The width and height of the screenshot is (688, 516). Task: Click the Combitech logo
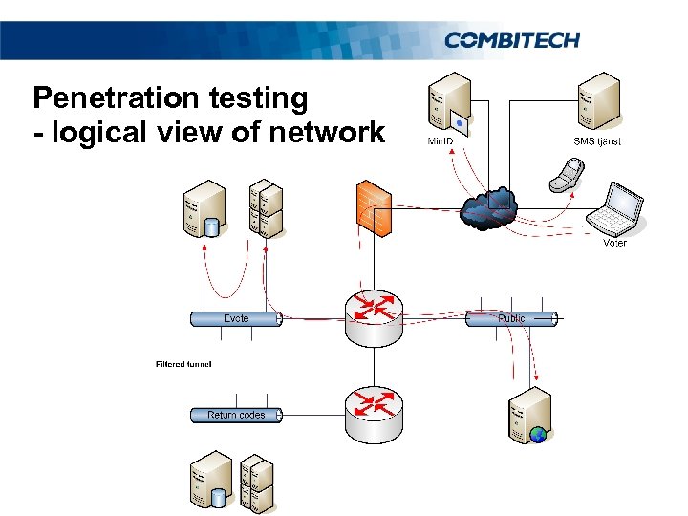(511, 40)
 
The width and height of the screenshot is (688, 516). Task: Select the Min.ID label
(441, 141)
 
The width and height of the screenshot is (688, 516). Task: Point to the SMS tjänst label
(596, 141)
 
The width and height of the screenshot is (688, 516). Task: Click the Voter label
(614, 243)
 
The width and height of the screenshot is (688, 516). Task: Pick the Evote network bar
(235, 318)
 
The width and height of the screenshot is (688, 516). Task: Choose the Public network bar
(510, 318)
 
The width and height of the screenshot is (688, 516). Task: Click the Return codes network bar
(235, 415)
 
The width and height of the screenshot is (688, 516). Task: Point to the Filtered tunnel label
(183, 364)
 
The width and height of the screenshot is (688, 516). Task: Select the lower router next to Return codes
(374, 413)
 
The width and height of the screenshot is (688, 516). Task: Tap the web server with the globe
(529, 418)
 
